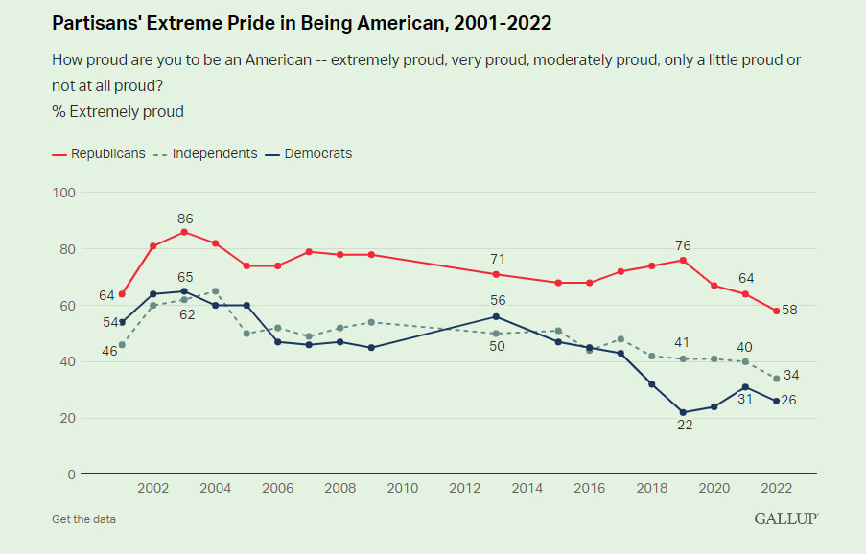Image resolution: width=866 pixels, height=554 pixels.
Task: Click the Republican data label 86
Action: point(184,219)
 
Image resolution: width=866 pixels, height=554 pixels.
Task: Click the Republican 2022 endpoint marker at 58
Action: point(776,311)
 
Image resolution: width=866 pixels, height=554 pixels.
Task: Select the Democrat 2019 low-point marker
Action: point(683,412)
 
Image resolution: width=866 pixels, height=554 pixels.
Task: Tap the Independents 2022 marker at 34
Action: point(776,379)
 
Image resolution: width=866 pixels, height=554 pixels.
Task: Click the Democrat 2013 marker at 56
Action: point(496,316)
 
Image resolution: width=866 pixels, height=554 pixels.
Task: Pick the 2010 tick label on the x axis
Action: point(403,488)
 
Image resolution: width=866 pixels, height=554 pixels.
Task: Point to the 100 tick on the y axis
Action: point(64,193)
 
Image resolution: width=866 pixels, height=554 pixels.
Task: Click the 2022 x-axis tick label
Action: point(776,488)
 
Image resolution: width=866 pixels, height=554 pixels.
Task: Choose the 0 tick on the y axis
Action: point(71,474)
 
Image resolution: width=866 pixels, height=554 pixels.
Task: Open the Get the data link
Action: point(84,519)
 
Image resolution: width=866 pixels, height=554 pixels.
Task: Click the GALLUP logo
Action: point(785,519)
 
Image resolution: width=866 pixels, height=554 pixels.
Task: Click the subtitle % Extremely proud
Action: point(118,111)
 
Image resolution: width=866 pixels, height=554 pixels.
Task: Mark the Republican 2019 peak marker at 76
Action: point(683,260)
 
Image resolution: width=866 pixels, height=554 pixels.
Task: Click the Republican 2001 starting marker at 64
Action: point(122,294)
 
